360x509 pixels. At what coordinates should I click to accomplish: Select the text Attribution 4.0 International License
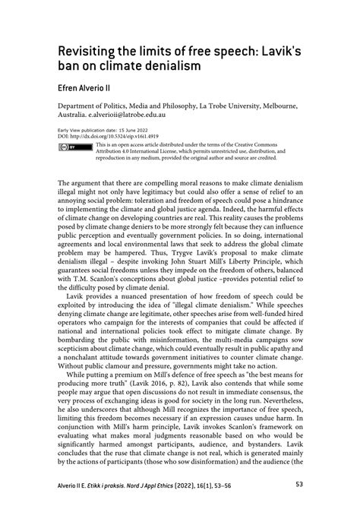(141, 150)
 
